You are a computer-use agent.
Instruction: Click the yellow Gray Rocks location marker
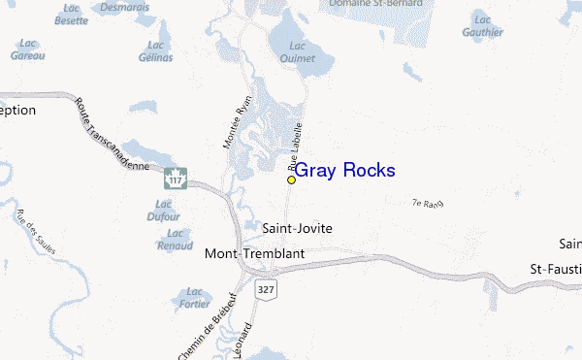tap(291, 180)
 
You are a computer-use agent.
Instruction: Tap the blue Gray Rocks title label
tap(344, 171)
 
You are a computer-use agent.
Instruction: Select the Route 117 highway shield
tap(176, 180)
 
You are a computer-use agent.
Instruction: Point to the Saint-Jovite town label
tap(298, 229)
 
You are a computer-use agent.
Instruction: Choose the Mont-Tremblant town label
tap(255, 253)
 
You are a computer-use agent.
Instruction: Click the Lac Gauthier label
tap(483, 25)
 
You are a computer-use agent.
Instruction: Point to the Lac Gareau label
tap(27, 50)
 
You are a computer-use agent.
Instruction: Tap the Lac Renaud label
tap(175, 240)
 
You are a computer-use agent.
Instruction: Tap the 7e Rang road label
tap(427, 204)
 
